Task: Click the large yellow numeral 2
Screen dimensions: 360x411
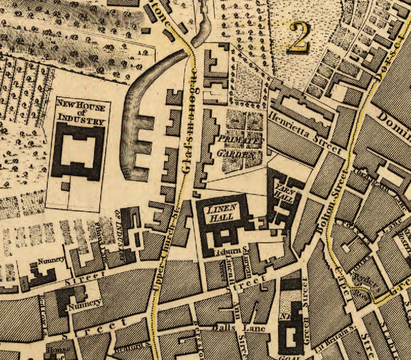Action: click(x=299, y=37)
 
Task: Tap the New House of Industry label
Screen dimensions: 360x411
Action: click(x=81, y=111)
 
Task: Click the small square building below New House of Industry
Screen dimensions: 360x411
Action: click(x=65, y=186)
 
